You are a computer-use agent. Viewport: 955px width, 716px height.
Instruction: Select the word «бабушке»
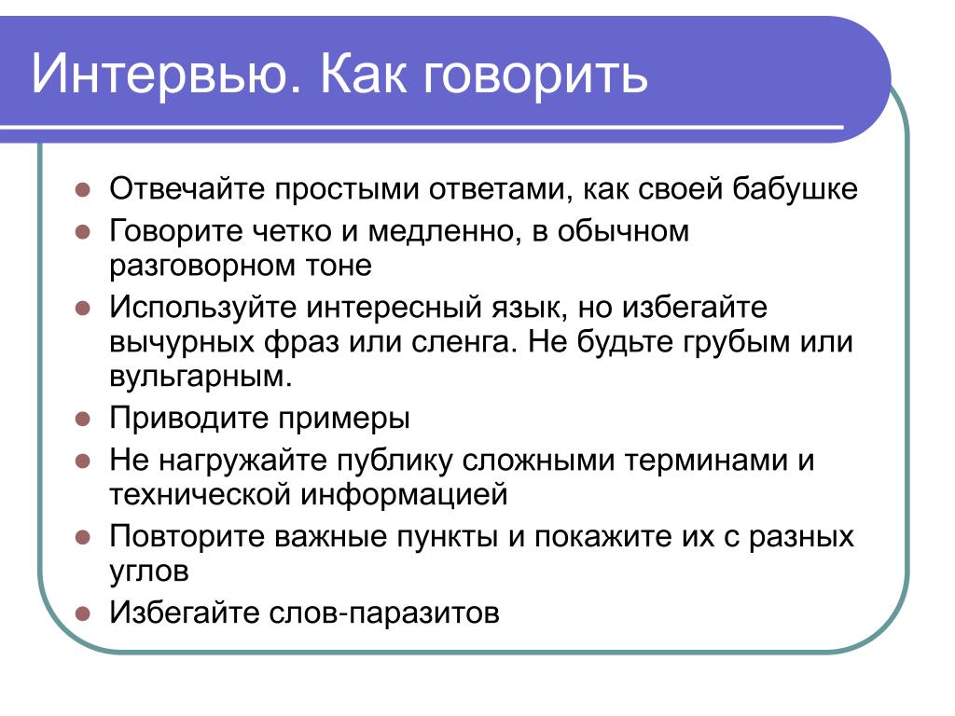pos(795,188)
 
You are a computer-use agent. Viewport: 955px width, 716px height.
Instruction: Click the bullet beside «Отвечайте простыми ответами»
pos(83,189)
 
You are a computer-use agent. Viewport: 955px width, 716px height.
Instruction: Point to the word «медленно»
pos(444,232)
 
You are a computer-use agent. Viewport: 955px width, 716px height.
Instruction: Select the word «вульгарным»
pos(201,377)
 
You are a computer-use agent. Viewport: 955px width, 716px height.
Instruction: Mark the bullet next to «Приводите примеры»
pos(83,419)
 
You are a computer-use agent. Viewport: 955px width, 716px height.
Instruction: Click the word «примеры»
pos(344,420)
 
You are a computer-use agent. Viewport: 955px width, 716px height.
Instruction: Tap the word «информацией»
pos(405,495)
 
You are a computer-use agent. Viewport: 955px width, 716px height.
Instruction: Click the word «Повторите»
pos(187,536)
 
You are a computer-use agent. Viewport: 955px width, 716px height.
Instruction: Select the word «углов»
pos(149,571)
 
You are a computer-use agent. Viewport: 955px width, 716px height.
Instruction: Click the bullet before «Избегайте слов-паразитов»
pos(83,613)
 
